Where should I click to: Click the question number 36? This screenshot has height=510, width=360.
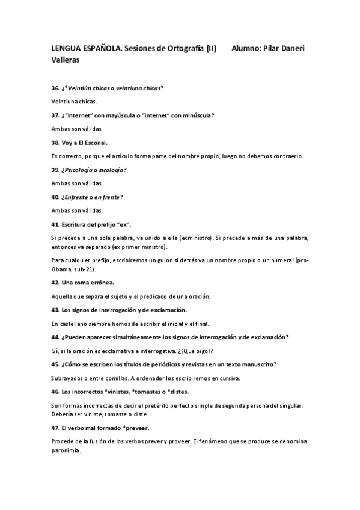pyautogui.click(x=55, y=88)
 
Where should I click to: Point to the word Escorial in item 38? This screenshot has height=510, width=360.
pyautogui.click(x=93, y=143)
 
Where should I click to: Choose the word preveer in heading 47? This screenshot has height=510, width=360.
pyautogui.click(x=135, y=428)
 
